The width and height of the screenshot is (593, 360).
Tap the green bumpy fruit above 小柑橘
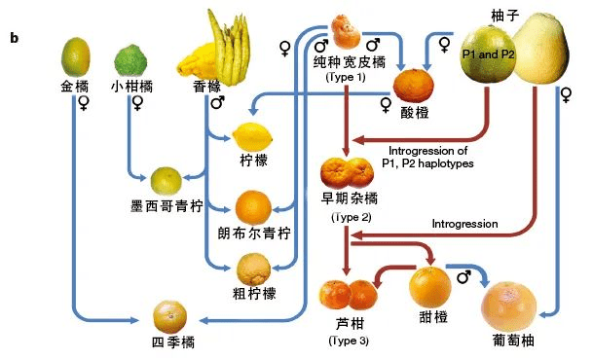pos(131,60)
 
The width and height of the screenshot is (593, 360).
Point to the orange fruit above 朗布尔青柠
pos(255,206)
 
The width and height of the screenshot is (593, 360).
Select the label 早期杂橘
pos(349,200)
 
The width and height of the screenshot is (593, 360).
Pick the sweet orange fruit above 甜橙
pos(429,288)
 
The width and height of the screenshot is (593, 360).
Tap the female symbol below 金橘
pos(85,101)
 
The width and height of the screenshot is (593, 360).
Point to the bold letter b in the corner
pos(15,38)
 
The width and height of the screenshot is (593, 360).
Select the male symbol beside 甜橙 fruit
pos(463,277)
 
